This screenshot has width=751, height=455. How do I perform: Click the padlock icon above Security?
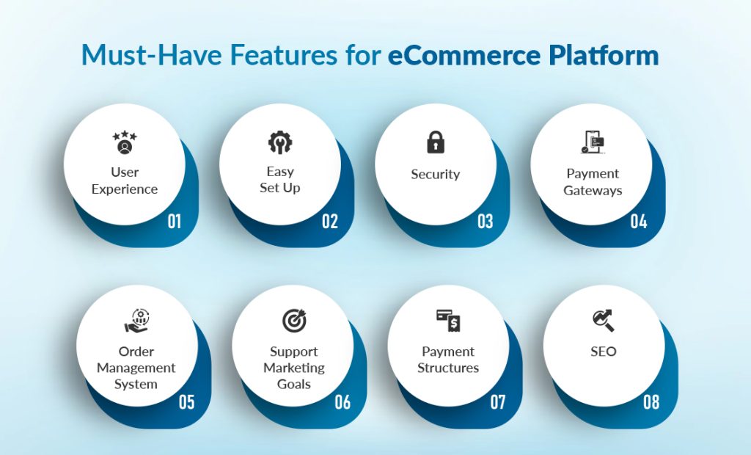436,142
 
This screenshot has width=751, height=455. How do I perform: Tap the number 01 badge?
174,220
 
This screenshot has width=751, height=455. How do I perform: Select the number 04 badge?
639,220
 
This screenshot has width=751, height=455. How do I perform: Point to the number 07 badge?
498,401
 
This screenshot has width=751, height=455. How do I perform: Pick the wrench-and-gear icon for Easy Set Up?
280,142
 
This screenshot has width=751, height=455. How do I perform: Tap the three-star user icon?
125,142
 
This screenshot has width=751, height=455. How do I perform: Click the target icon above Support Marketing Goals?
294,321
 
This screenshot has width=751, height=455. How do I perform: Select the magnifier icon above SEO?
604,320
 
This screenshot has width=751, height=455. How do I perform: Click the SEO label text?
604,352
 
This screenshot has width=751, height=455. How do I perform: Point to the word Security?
436,175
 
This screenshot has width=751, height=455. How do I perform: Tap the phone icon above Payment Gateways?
593,142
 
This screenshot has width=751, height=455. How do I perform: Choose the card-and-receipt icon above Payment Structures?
448,321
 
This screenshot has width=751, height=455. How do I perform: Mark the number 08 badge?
651,401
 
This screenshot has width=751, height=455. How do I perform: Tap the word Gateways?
593,190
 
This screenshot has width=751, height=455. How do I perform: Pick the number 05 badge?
187,401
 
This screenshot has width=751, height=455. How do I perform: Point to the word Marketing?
294,368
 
